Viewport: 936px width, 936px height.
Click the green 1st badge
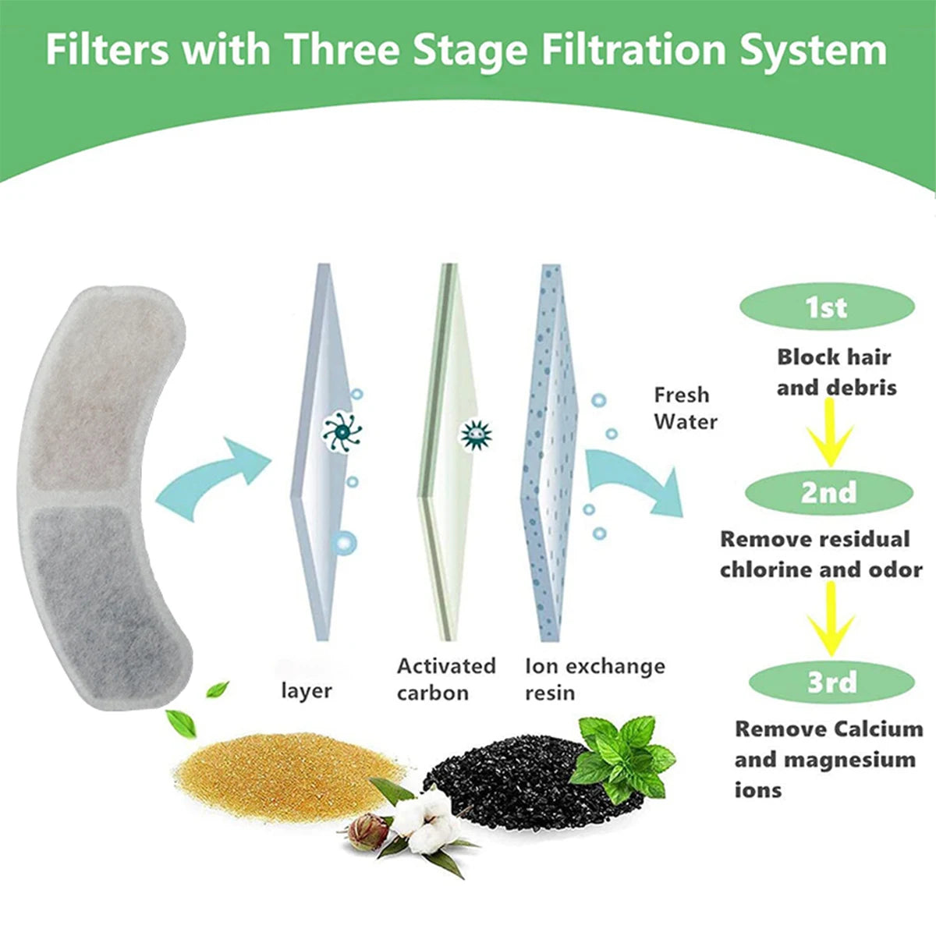(827, 307)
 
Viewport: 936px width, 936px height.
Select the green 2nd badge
(828, 493)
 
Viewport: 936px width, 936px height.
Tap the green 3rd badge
(831, 682)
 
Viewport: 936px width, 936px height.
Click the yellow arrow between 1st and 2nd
(830, 438)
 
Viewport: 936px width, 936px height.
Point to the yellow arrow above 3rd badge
(831, 620)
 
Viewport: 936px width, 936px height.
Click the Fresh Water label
(685, 408)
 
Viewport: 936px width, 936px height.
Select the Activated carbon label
(445, 679)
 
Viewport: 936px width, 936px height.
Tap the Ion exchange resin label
(594, 679)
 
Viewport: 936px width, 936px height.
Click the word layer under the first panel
(307, 691)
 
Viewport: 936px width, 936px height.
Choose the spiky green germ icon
(475, 434)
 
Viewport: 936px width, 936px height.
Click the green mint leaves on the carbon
(624, 753)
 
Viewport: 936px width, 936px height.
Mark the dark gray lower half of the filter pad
(105, 601)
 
